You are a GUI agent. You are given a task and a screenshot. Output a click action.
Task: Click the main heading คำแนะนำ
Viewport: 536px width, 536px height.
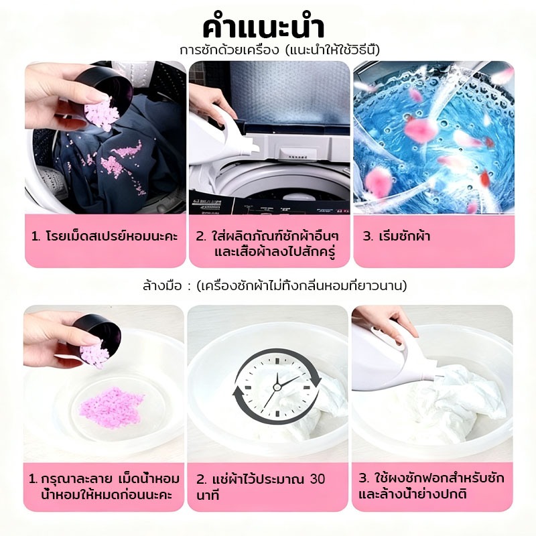pos(263,28)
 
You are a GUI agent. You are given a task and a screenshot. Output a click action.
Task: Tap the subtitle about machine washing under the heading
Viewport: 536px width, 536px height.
pos(280,51)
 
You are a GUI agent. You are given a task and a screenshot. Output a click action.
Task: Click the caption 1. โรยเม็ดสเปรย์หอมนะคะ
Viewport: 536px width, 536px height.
pos(105,237)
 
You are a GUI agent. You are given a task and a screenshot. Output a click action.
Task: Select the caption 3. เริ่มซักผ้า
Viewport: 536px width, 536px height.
pos(396,237)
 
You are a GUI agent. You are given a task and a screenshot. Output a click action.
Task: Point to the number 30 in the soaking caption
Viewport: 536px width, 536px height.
pos(317,479)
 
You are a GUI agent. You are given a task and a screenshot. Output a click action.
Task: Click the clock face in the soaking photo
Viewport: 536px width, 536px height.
pos(277,387)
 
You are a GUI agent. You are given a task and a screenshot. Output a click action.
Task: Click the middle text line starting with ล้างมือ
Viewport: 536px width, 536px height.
pos(275,286)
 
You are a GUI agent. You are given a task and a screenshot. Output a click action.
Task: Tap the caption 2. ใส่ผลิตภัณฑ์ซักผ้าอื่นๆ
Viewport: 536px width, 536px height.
pos(267,244)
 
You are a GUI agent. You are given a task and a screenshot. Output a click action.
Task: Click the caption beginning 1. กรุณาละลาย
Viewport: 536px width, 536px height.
pos(104,487)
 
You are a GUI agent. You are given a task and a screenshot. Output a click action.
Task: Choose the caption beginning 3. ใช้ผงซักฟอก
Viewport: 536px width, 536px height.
pos(431,486)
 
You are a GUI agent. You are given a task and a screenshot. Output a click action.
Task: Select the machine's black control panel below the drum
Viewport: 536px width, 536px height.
pos(269,205)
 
